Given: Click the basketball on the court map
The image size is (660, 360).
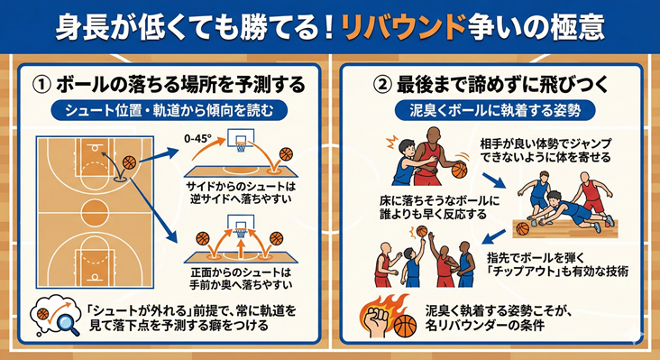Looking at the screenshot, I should tap(127, 162).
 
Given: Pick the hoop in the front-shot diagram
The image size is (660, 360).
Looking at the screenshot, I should tap(240, 233).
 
